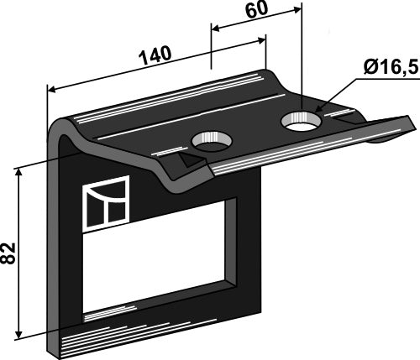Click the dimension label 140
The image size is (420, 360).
[x=155, y=55]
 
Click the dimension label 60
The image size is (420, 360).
[x=256, y=10]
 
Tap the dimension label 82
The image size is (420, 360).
[x=8, y=253]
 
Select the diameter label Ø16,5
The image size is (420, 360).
[x=391, y=68]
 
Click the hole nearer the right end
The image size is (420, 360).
[x=302, y=121]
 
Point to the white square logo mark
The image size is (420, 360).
[x=106, y=204]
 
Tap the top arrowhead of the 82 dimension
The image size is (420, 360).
[x=18, y=174]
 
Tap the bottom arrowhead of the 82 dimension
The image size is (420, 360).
[x=18, y=333]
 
